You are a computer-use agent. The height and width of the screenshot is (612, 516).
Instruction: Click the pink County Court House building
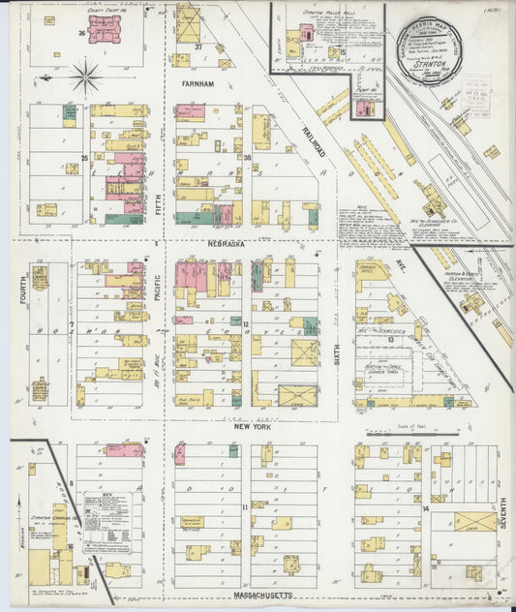[106, 29]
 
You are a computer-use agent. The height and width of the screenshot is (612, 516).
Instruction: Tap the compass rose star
[86, 76]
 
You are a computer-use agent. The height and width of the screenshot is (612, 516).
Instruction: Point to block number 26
[83, 32]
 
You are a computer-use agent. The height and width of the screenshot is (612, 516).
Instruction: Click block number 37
[197, 46]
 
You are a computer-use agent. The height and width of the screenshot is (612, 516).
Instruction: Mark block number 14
[425, 507]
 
